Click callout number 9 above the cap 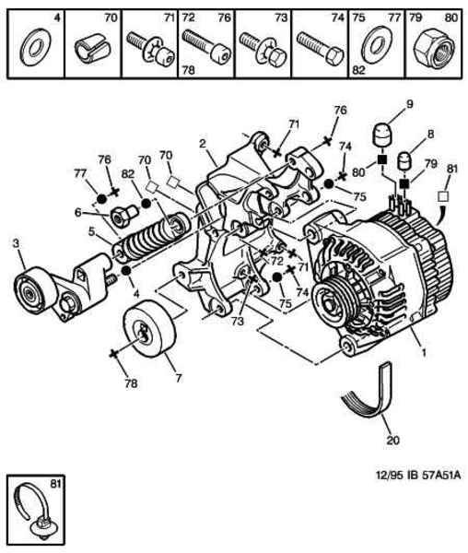[409, 104]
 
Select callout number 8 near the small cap [430, 134]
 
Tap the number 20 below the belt [393, 441]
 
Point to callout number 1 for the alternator [424, 352]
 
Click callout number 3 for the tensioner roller [16, 243]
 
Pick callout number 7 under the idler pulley [179, 379]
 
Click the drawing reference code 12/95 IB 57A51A [418, 475]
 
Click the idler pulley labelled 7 [149, 328]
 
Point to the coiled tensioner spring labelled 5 [152, 236]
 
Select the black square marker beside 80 [381, 159]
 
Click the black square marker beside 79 [404, 183]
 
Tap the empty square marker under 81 [443, 196]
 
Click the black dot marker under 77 [101, 198]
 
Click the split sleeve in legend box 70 [92, 49]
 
